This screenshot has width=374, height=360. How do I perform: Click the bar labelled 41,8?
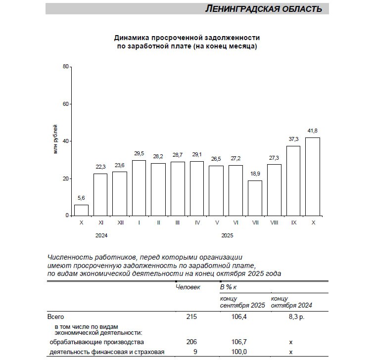313,177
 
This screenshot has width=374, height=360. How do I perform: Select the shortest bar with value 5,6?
81,210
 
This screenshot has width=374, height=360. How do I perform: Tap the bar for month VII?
255,198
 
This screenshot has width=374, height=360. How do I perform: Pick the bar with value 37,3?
293,180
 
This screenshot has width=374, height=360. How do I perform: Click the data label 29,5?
139,154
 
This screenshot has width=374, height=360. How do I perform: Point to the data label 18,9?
255,174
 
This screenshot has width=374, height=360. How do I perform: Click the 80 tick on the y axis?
65,66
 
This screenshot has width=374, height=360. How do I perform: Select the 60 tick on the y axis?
65,104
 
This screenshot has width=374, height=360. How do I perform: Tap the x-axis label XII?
120,223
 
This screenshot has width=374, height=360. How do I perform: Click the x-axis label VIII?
274,223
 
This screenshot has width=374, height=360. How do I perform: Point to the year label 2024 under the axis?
101,235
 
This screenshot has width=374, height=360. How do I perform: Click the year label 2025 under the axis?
227,235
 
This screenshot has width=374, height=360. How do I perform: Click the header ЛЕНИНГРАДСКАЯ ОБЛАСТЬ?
263,9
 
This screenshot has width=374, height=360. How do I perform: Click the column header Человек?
188,287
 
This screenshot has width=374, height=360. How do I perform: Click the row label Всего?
56,316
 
